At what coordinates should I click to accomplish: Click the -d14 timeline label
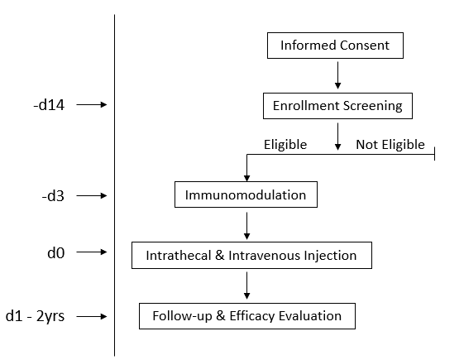click(49, 105)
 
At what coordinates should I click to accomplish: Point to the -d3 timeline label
click(53, 196)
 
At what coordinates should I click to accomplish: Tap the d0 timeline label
click(56, 253)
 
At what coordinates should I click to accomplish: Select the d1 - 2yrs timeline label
click(35, 316)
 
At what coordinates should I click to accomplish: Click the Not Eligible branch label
click(390, 145)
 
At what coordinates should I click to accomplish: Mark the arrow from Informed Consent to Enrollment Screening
click(337, 75)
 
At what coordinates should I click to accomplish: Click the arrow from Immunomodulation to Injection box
click(246, 226)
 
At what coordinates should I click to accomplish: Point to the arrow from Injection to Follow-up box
click(246, 286)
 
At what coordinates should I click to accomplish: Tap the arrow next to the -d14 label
click(92, 104)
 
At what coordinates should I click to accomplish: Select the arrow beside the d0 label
click(92, 252)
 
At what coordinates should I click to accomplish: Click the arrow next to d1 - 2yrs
click(92, 316)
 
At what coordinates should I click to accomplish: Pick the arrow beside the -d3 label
click(92, 195)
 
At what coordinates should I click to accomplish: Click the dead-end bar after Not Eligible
click(434, 154)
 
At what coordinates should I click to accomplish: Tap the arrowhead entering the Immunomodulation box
click(246, 178)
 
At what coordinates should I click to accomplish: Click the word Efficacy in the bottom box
click(252, 316)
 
